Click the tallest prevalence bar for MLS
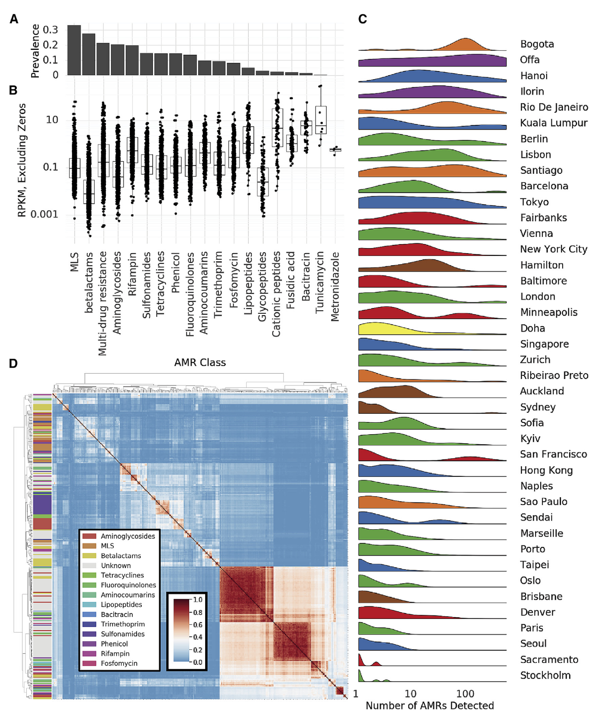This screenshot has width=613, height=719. [x=74, y=50]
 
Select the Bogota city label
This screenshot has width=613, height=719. [x=537, y=44]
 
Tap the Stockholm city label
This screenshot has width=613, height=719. [x=545, y=676]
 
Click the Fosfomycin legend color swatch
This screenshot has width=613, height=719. [x=89, y=663]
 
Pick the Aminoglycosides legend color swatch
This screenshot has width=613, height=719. [x=89, y=536]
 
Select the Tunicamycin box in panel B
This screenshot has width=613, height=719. [x=321, y=120]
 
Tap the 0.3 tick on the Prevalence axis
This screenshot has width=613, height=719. [x=50, y=30]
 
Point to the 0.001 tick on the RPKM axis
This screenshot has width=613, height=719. [x=44, y=214]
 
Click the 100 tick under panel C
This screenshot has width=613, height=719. [x=465, y=694]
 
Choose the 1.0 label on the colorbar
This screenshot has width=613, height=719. [x=198, y=599]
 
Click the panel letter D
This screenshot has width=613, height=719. [x=14, y=364]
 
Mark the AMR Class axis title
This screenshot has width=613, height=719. [x=200, y=363]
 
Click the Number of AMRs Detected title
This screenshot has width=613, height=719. [x=430, y=705]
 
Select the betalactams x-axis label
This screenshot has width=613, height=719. [x=89, y=283]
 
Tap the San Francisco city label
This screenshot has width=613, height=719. [x=553, y=455]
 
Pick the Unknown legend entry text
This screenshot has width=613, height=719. [x=116, y=566]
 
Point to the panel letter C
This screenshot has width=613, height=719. [x=363, y=19]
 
